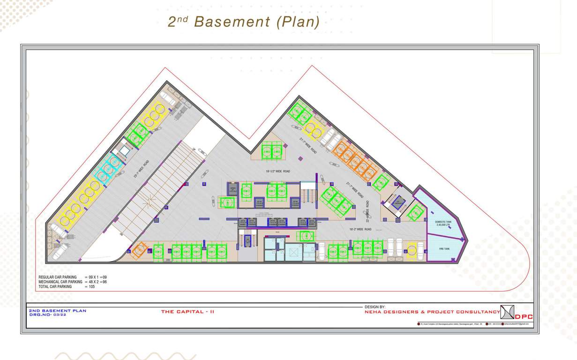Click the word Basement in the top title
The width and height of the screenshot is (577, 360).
coord(232,22)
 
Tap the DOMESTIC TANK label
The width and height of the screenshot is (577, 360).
coord(443,223)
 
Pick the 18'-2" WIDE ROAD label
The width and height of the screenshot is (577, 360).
coord(360,229)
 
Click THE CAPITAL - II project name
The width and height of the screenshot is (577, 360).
coord(187,312)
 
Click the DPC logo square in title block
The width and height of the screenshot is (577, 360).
coord(508,312)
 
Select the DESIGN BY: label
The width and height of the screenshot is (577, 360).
coord(375,307)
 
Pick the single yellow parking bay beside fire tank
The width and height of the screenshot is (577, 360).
coord(412,250)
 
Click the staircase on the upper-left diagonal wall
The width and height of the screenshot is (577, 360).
coord(124,151)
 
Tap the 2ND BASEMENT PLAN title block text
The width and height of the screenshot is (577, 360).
coord(58,311)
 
